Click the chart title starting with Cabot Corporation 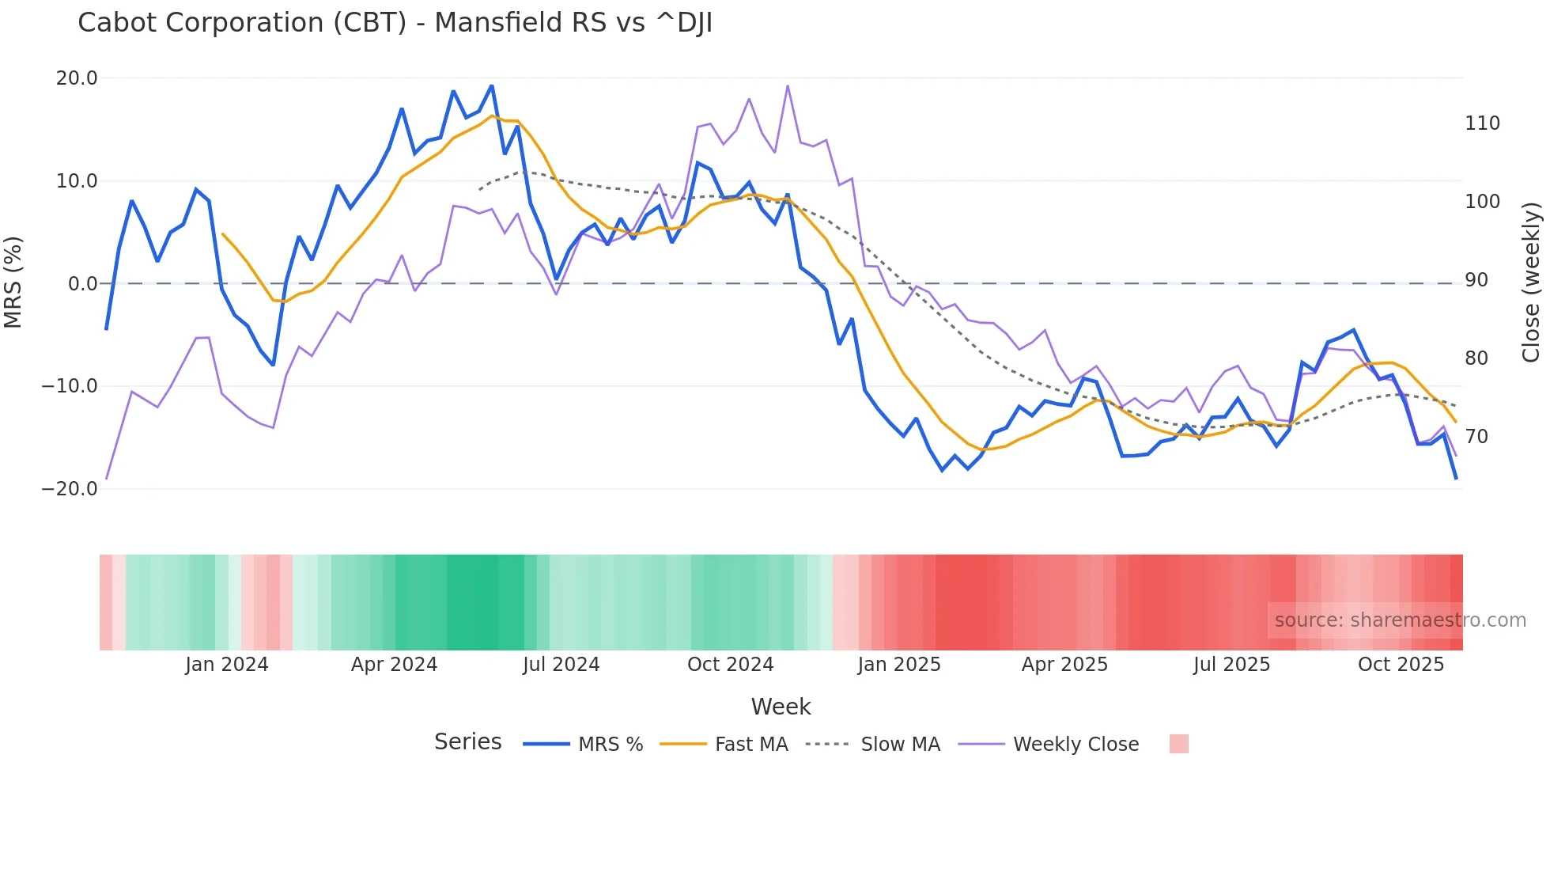395,23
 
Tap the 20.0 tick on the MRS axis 77,78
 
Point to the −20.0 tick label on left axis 70,489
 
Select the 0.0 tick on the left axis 82,283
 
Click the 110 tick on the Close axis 1482,123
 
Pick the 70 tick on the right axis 1476,437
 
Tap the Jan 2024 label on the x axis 227,665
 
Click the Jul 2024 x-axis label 561,665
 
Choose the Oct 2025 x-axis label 1401,665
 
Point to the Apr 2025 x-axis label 1064,665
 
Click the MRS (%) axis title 13,282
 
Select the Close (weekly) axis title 1531,282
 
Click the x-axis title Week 781,707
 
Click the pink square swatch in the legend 1178,744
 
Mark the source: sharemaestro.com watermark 1400,620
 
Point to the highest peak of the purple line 788,85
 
